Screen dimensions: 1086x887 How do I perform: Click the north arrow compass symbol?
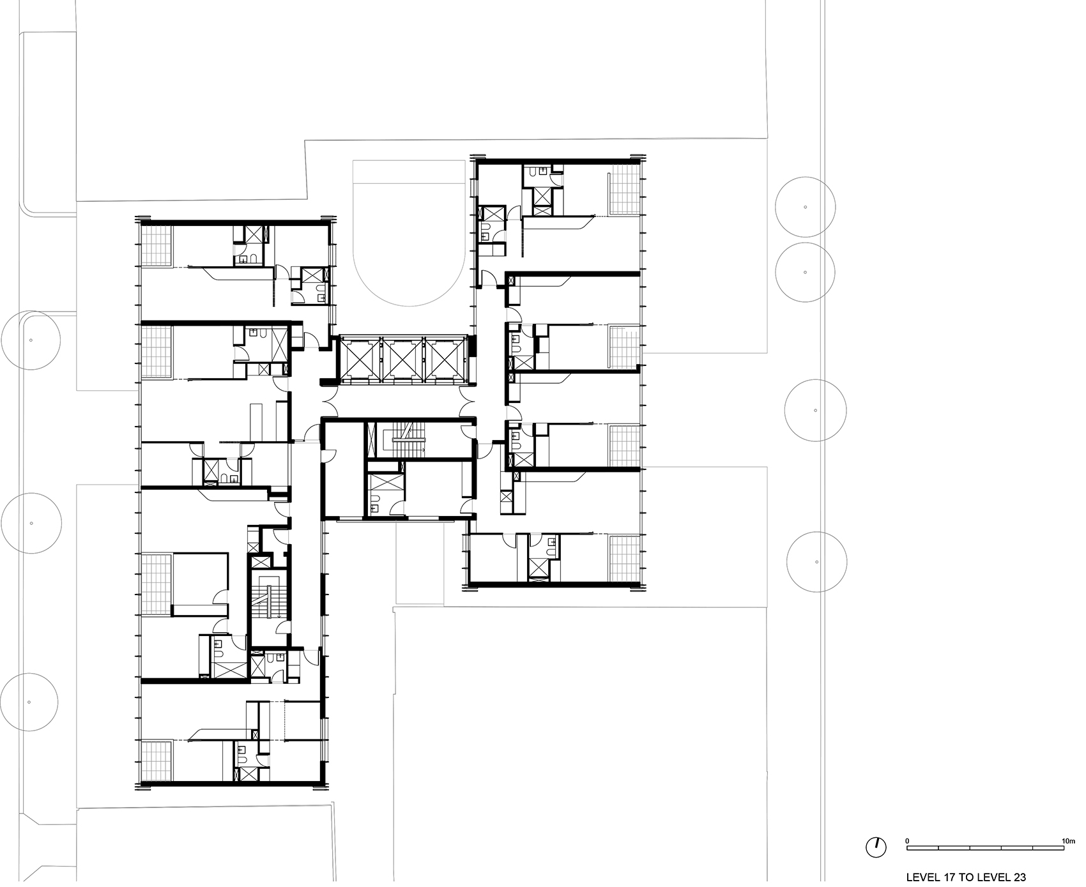click(x=876, y=847)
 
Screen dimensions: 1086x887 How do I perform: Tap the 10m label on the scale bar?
click(x=1067, y=824)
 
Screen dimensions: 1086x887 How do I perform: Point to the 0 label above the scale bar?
click(x=908, y=824)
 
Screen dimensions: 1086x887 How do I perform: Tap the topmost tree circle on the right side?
click(x=806, y=206)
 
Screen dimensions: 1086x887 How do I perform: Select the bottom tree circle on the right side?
click(x=817, y=562)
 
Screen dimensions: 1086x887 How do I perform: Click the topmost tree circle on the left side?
click(x=30, y=340)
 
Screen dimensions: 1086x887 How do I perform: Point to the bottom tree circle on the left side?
click(x=29, y=702)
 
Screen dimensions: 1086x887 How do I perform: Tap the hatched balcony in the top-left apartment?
click(x=157, y=246)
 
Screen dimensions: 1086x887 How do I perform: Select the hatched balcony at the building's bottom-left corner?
click(x=157, y=761)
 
